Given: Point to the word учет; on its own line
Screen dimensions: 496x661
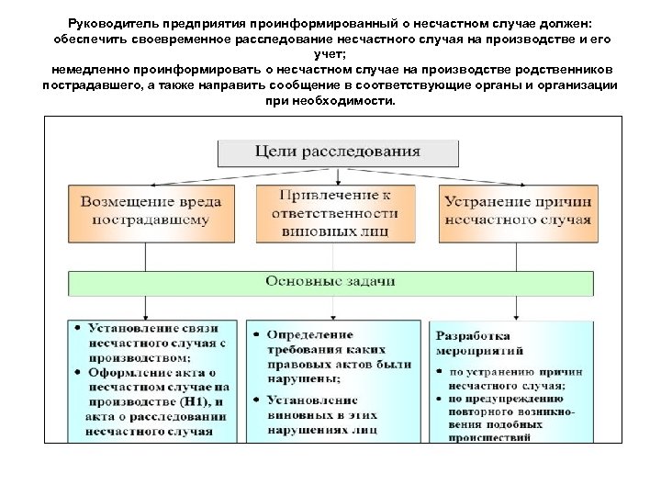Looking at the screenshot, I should (331, 55).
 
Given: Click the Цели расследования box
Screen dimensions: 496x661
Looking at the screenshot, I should (337, 152).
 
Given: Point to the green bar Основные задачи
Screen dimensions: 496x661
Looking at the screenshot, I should (330, 280).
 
